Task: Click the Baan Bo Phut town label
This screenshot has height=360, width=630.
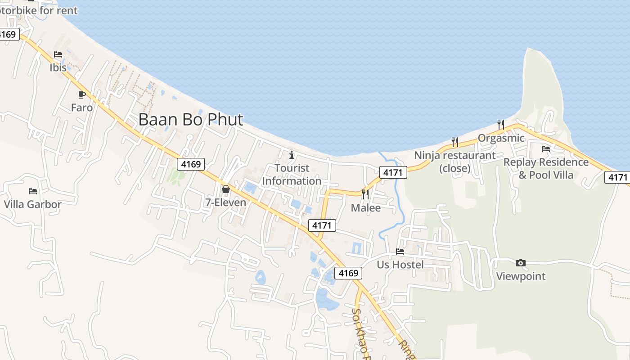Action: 190,120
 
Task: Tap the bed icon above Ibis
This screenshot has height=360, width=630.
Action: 58,54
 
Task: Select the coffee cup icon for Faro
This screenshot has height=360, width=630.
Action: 81,94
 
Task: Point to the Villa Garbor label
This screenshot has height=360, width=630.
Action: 32,204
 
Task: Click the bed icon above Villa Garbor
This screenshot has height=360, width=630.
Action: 32,191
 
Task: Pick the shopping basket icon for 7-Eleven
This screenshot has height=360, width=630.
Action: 226,189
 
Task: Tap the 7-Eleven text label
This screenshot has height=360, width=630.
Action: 226,202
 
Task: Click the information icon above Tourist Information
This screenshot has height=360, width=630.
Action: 292,155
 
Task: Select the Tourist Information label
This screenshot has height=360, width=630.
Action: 292,175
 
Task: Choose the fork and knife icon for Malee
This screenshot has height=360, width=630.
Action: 365,194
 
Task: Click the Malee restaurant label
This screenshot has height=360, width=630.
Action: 365,208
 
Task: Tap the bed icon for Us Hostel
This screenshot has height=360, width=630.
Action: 400,251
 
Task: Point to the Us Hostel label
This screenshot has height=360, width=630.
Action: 400,265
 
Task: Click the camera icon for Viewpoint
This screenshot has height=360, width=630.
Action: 521,263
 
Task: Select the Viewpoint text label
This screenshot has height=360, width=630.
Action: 521,276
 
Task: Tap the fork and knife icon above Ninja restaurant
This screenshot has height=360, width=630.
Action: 455,142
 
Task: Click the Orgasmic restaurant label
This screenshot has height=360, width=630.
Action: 501,138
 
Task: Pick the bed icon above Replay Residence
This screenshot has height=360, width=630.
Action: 546,148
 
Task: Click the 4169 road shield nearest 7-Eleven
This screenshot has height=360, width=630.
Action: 191,164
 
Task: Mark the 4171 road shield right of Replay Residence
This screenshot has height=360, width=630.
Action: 617,177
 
